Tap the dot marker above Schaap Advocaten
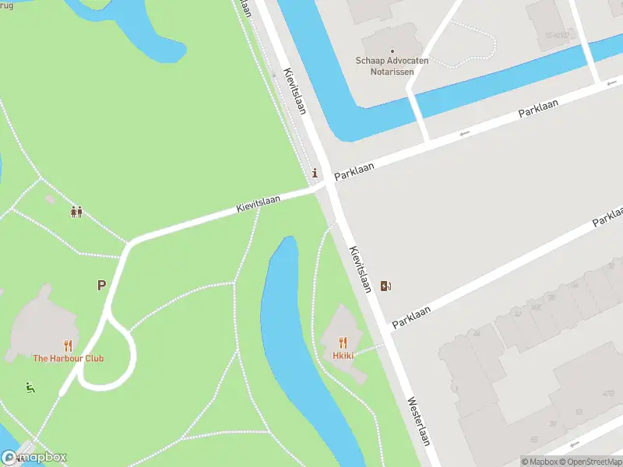point(392,51)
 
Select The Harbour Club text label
point(68,359)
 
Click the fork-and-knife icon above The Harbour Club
point(68,346)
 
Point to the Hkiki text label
point(343,356)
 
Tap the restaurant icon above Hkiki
point(343,342)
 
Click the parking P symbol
point(101,286)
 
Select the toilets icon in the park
point(76,211)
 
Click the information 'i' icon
point(315,173)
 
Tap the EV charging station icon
point(386,286)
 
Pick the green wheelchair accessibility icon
point(30,387)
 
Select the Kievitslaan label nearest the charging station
point(359,269)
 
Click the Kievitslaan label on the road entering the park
point(259,205)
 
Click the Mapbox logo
point(34,458)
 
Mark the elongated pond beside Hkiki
point(296,342)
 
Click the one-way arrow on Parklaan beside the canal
point(465,134)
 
